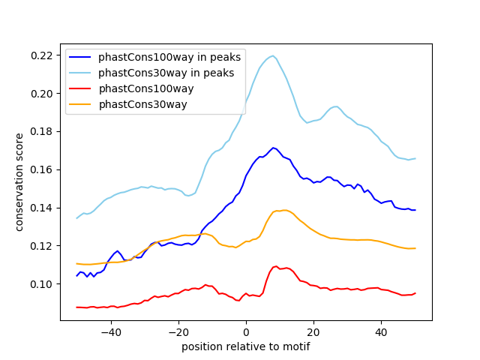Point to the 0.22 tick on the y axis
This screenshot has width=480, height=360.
coord(42,55)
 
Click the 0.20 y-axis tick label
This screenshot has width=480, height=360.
coord(42,94)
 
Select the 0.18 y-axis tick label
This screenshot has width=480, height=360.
coord(42,132)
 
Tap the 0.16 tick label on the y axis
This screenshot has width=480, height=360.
coord(42,170)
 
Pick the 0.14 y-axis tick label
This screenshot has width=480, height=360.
coord(42,208)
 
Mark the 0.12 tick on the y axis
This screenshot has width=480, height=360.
coord(42,246)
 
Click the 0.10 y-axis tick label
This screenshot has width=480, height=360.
coord(42,284)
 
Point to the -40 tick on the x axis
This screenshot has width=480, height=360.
coord(110,332)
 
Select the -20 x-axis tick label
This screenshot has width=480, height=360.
coord(178,332)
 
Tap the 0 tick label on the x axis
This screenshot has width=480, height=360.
coord(246,332)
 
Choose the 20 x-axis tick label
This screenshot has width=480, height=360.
coord(313,332)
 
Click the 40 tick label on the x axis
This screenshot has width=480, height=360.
coord(381,332)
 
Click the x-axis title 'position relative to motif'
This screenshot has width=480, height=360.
coord(245,346)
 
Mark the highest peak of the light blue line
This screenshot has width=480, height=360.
coord(273,55)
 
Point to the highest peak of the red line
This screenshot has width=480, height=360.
coord(276,266)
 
